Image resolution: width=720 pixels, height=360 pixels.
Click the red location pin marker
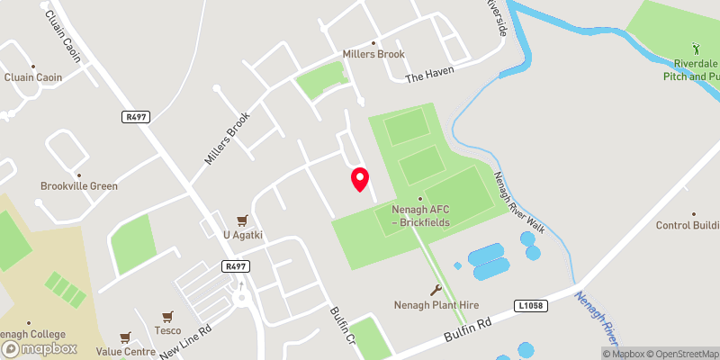point(360,179)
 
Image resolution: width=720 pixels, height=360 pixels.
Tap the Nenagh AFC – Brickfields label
point(420,215)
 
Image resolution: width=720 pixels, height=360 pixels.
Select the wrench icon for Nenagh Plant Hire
point(436,290)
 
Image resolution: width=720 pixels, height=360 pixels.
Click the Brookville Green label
point(79,186)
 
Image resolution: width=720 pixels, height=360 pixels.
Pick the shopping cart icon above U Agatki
point(241,220)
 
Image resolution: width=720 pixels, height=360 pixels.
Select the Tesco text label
point(166,329)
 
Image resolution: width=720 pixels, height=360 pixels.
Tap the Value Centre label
point(125,352)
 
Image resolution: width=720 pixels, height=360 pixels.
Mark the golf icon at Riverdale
point(694,47)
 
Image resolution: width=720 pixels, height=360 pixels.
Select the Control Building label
point(688,226)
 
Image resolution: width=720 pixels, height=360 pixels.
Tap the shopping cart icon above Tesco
point(166,316)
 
